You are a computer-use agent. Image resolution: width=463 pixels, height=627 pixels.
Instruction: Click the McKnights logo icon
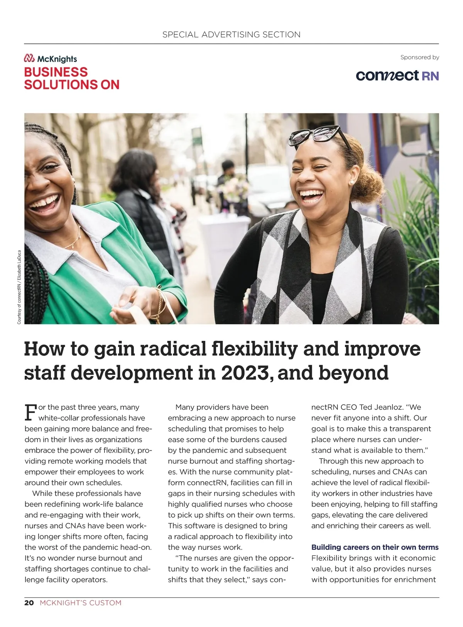[29, 59]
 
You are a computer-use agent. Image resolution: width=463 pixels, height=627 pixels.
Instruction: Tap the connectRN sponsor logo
[397, 75]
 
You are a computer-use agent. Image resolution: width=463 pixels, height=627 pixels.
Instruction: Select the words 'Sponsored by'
[419, 57]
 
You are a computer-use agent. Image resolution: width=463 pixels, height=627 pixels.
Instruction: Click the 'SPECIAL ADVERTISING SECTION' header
[231, 35]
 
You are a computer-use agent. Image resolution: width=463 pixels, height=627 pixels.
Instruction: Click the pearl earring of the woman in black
[351, 182]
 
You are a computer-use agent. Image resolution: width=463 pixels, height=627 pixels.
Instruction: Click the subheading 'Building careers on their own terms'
[375, 547]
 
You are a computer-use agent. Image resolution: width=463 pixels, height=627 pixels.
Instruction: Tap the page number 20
[29, 603]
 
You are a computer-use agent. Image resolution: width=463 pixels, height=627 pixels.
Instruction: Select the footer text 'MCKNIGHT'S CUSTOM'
[81, 603]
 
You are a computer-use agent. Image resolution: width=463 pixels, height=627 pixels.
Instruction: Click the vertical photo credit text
[19, 287]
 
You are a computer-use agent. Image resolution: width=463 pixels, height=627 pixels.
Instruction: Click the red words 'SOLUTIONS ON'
[72, 84]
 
